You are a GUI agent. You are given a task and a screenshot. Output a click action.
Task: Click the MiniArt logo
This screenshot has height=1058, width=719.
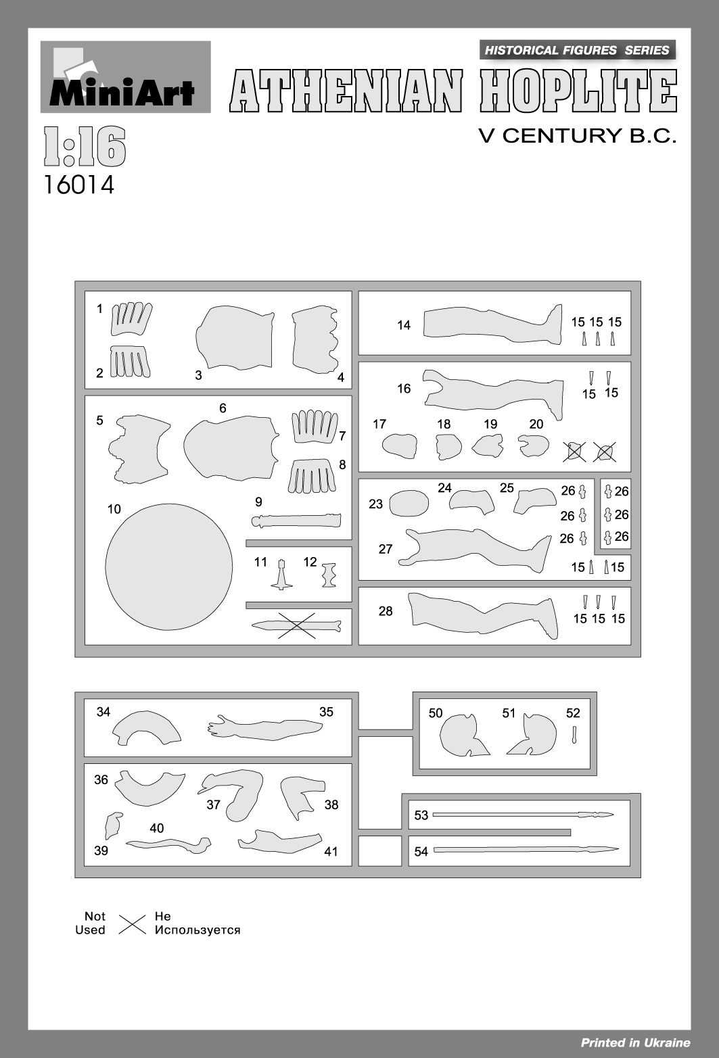click(x=125, y=77)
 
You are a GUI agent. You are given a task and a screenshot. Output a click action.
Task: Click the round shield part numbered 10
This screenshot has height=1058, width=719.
click(x=169, y=567)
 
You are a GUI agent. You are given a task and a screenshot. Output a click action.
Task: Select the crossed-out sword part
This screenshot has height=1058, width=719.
click(x=296, y=625)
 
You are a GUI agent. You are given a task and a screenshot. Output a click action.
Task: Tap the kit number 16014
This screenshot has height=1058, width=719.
click(x=79, y=185)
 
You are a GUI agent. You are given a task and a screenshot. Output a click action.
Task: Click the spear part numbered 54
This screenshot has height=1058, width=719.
click(x=526, y=849)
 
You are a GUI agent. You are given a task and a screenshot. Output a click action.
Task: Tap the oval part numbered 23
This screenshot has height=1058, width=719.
click(x=409, y=503)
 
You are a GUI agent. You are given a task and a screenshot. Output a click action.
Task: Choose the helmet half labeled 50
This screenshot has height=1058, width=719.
click(x=463, y=735)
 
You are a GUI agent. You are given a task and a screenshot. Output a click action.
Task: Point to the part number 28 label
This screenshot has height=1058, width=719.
click(x=386, y=611)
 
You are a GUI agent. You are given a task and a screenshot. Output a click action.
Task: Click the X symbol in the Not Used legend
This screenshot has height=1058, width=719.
click(x=133, y=924)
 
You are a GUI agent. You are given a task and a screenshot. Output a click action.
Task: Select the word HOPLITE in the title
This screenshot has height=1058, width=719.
click(x=578, y=91)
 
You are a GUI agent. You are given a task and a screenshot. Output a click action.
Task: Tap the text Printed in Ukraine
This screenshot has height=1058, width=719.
click(x=635, y=1042)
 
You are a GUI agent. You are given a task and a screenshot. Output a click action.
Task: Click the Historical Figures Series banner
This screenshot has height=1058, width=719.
click(x=577, y=50)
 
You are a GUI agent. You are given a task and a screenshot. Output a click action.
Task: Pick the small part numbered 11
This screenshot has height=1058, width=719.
click(x=282, y=575)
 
